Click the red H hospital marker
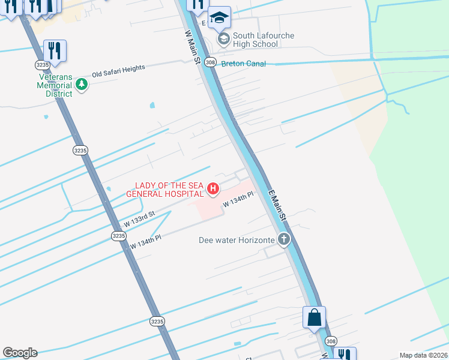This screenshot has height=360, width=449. click(212, 190)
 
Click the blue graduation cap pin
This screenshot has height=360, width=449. click(220, 18)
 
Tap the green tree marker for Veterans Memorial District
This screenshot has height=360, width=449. click(82, 85)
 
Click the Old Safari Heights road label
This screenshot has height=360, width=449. click(118, 71)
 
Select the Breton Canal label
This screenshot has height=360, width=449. click(243, 63)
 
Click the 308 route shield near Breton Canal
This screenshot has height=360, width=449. click(209, 62)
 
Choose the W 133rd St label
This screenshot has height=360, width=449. click(139, 218)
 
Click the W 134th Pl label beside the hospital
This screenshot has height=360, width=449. click(239, 199)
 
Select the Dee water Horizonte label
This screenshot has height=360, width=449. click(237, 241)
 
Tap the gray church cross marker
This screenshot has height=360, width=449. click(283, 241)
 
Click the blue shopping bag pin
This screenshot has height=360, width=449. click(315, 318)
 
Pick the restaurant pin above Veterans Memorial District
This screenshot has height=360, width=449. click(55, 52)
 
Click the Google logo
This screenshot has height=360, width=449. click(20, 353)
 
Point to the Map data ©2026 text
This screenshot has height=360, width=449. click(423, 355)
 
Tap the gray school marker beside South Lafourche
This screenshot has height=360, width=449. click(224, 40)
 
